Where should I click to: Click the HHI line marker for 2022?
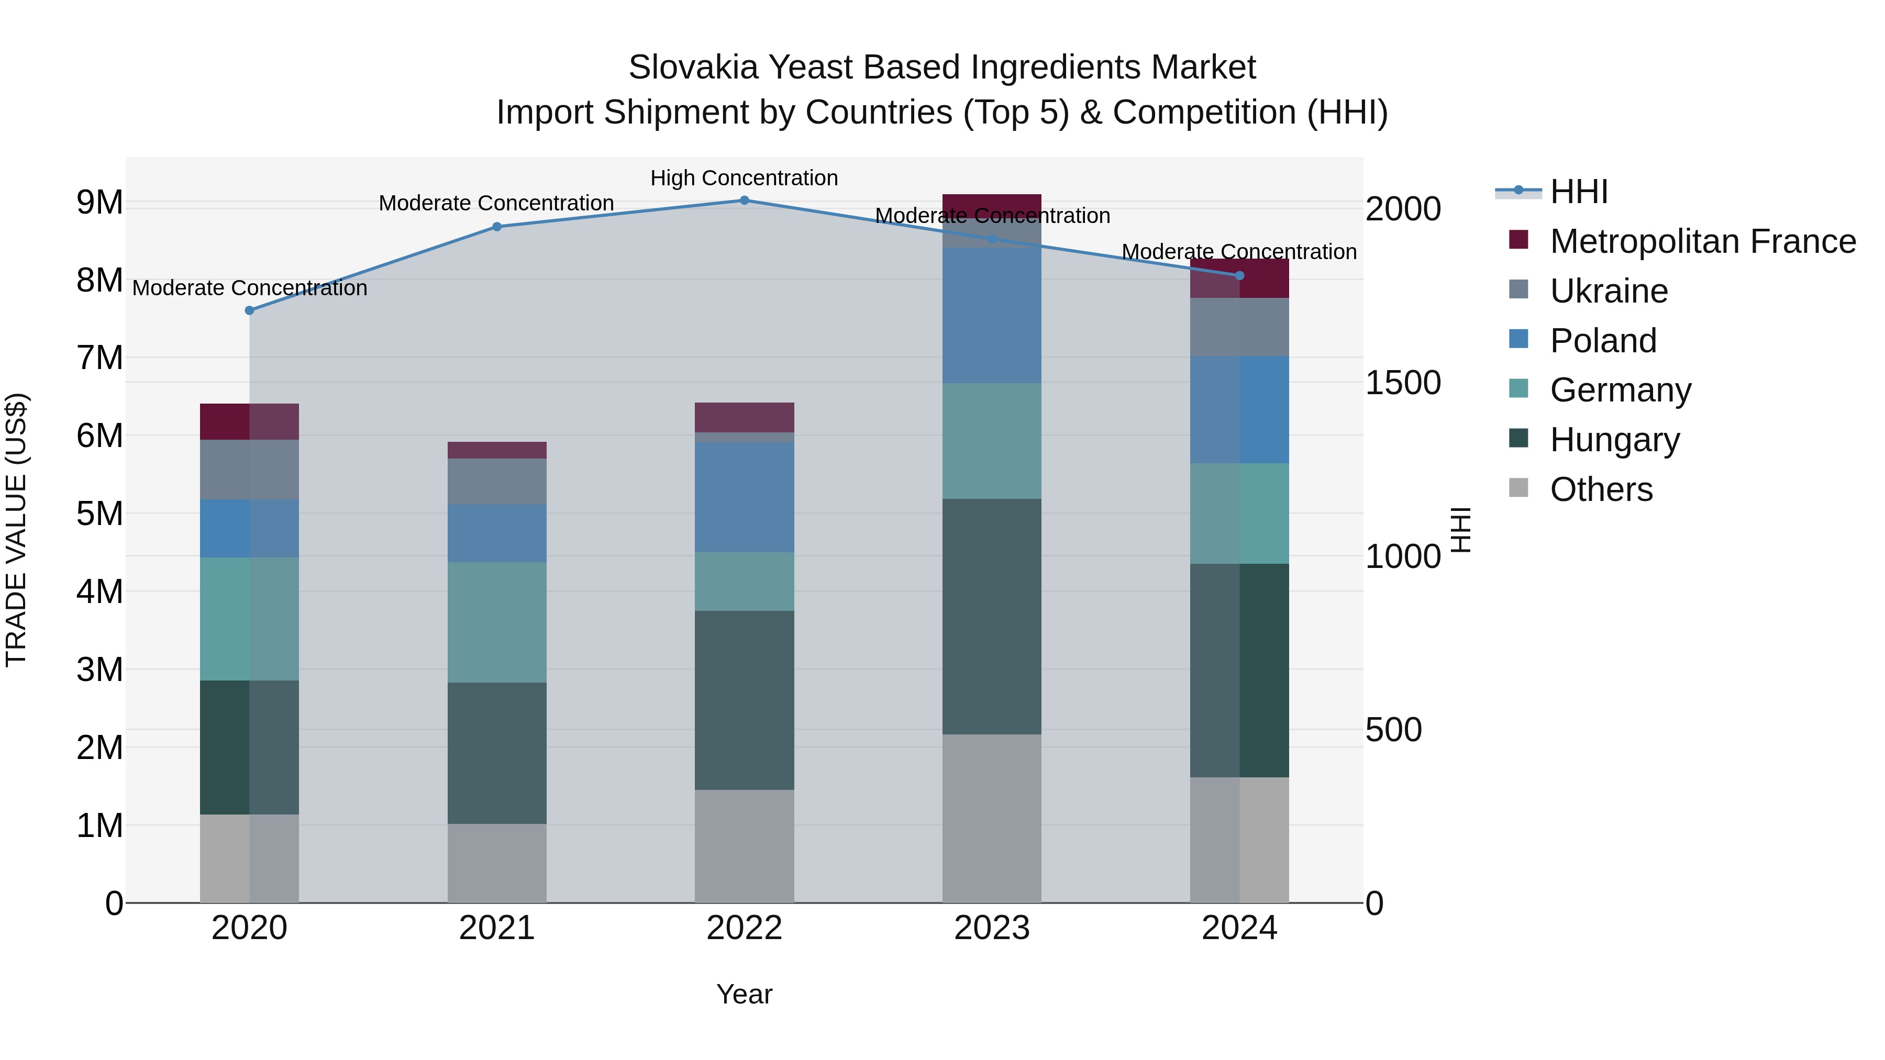[x=744, y=200]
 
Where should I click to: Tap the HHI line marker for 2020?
[x=250, y=310]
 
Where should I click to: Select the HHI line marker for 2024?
[x=1239, y=276]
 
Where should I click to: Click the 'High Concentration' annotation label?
[x=744, y=178]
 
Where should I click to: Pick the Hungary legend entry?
[x=1614, y=440]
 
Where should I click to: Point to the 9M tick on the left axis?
[x=99, y=202]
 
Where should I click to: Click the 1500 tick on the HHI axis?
[x=1403, y=383]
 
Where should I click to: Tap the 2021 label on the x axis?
[x=497, y=928]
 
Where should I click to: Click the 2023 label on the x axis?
[x=992, y=928]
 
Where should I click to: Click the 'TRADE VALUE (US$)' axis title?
[x=16, y=530]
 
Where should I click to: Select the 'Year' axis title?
[x=744, y=994]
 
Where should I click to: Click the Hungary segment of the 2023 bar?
[x=992, y=616]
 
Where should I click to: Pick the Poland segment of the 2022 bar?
[x=744, y=497]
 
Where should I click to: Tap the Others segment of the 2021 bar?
[x=497, y=863]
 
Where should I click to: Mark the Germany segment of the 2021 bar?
[x=497, y=622]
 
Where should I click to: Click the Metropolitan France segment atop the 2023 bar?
[x=992, y=205]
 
